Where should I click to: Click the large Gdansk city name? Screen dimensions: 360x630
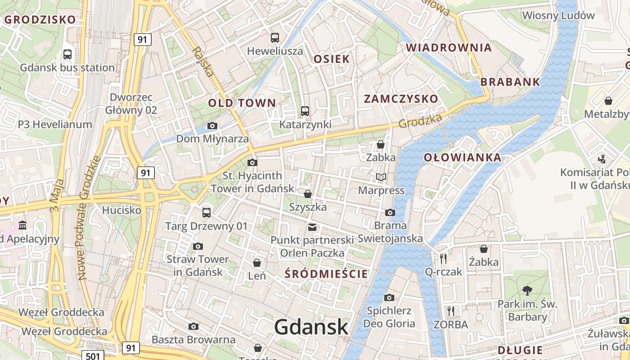point(311,327)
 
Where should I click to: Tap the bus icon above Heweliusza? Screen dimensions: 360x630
point(274,38)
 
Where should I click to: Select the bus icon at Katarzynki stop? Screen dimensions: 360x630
point(305,111)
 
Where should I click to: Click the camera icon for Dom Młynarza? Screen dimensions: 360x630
point(212,126)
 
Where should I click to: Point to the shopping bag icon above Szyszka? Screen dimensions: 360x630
point(308,194)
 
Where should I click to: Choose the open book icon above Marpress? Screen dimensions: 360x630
point(381,177)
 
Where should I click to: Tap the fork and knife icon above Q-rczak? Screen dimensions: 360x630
point(443,258)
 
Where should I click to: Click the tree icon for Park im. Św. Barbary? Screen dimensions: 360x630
point(527,291)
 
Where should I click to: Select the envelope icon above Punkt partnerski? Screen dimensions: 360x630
point(312,227)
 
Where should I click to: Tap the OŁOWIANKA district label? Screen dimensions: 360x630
point(463,157)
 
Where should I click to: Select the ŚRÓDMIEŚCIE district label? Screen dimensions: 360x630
point(327,274)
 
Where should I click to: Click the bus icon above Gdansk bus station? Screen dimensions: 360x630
point(67,54)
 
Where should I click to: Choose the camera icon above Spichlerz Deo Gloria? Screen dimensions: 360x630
point(389,297)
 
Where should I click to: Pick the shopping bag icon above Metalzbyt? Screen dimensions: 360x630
point(608,101)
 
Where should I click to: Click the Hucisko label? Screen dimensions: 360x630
point(121,210)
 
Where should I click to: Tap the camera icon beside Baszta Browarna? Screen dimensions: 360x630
point(193,326)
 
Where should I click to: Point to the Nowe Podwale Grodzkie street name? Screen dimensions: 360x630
point(89,218)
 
